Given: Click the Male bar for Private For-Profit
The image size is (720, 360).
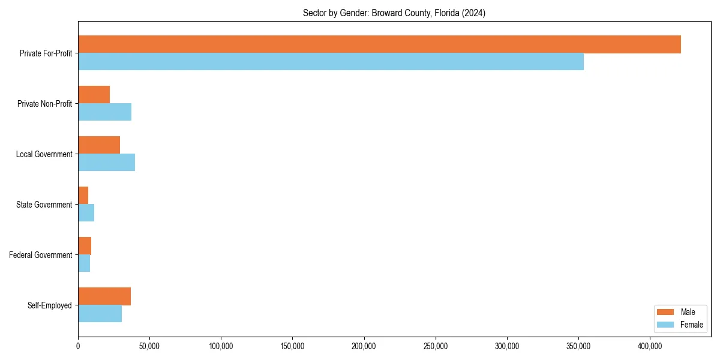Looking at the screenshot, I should [379, 44].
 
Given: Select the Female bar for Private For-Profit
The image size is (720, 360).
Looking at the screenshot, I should [331, 62].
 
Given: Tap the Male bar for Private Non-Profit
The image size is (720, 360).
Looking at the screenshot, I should [94, 95].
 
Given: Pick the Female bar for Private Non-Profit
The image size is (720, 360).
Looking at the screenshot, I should [104, 112].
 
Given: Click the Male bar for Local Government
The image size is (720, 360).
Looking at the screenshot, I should [99, 145].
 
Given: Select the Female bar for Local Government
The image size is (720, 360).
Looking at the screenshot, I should [106, 163].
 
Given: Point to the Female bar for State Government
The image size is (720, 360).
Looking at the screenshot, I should [86, 213].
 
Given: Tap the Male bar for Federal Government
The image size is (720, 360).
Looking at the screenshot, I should [85, 246].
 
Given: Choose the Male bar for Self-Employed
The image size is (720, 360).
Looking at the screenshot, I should [104, 296].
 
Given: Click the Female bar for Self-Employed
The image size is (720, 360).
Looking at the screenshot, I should [100, 314].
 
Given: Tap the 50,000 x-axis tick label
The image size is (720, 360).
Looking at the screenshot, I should [149, 346].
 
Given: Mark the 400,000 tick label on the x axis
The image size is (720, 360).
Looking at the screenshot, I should [650, 346].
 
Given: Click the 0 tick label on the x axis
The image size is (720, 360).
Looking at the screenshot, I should [78, 346].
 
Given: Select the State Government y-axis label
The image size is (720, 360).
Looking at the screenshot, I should [44, 205].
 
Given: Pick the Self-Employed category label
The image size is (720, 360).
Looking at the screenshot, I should [49, 305].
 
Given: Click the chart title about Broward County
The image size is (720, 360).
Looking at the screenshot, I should [394, 13].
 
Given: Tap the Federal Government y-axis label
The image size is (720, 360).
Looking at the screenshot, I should [41, 255].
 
